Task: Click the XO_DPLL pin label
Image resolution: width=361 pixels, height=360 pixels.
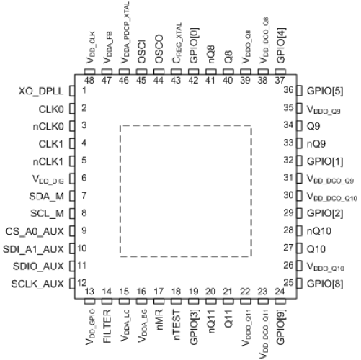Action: [41, 91]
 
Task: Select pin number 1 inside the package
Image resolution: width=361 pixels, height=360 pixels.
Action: [84, 91]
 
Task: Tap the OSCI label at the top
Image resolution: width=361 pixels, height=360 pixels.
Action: [141, 52]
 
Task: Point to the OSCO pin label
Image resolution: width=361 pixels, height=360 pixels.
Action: [159, 50]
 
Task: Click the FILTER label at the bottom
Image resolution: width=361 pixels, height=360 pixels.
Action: [107, 326]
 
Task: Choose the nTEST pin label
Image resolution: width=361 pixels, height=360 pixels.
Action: [177, 325]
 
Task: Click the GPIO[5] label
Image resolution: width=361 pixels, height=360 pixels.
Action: [325, 91]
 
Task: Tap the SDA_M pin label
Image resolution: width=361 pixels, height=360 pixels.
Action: [46, 197]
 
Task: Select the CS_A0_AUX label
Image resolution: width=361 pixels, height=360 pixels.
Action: [35, 232]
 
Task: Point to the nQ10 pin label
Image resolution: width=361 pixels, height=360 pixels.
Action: [319, 231]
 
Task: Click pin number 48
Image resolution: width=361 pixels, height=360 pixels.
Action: [89, 80]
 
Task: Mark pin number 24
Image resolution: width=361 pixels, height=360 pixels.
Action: [280, 292]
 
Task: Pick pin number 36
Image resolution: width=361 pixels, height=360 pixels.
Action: [288, 90]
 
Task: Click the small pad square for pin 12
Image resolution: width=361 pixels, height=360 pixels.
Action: [72, 284]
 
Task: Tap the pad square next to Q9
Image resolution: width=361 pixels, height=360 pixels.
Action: [299, 126]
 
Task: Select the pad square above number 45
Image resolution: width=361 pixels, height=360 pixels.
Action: [141, 72]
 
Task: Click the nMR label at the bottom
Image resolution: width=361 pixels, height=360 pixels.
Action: [159, 320]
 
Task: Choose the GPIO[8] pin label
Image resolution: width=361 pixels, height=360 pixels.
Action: [325, 284]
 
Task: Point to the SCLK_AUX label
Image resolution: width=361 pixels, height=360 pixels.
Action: [37, 284]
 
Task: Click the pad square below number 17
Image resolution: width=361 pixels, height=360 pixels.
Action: [159, 301]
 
